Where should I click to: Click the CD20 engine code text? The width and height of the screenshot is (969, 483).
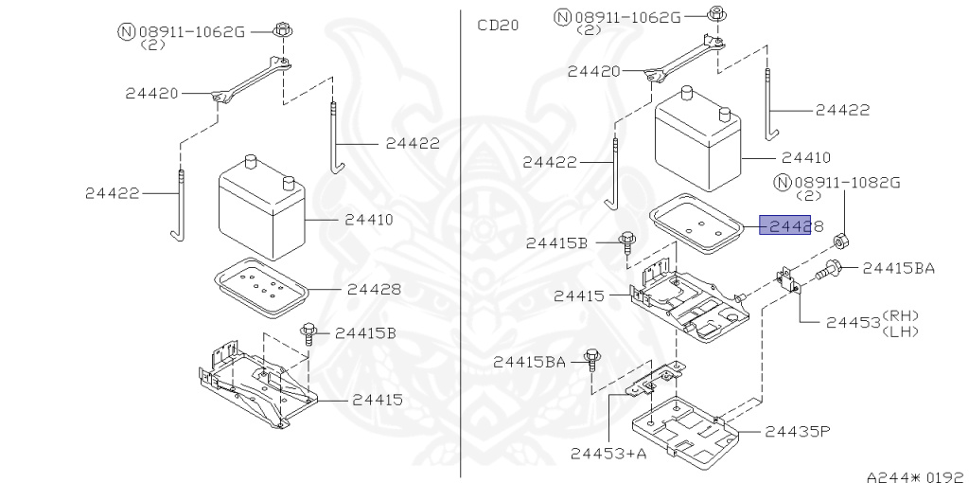point(498,26)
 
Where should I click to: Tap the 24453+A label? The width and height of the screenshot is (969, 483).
point(608,454)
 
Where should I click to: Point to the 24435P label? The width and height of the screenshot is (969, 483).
point(798,431)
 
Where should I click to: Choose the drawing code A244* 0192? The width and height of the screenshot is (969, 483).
point(916,476)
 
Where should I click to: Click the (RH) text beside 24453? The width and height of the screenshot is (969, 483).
point(901,315)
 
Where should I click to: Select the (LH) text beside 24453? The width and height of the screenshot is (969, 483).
point(901,331)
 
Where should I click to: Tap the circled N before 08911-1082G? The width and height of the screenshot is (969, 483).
point(783,183)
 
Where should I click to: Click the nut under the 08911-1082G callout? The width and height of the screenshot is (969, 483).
point(840,240)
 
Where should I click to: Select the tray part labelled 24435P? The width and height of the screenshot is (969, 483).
point(685,429)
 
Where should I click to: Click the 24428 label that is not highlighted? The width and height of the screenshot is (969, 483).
point(374,289)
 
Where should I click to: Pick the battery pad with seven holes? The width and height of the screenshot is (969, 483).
point(262,288)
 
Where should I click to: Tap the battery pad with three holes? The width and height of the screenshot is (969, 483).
point(698,224)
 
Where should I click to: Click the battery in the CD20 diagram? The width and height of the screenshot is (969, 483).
point(698,139)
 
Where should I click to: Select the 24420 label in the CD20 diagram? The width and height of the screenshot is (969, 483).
point(594,71)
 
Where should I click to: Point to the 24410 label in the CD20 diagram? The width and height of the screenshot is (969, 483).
point(806,158)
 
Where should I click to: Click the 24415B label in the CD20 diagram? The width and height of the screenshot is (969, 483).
point(556,243)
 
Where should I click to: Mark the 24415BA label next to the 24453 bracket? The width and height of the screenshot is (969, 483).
point(899,268)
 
